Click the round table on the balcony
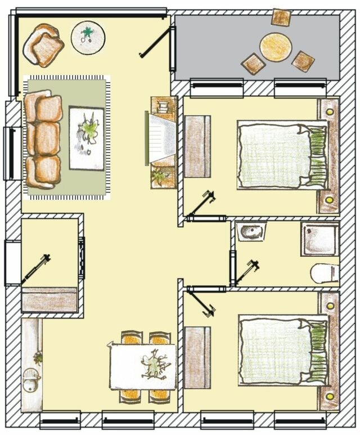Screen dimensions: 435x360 tap(276, 47)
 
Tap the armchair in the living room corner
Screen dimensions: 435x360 tap(43, 45)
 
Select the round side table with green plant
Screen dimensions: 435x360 tap(88, 37)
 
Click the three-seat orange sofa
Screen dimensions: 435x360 tap(43, 140)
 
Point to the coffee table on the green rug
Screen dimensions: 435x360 tap(87, 137)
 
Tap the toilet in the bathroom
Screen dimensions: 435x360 tap(325, 273)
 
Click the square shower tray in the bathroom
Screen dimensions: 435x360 tap(319, 238)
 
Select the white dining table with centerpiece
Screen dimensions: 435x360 tap(142, 366)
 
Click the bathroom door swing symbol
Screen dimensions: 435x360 tap(246, 272)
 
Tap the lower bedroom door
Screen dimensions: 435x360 tap(201, 301)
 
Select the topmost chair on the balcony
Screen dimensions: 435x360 tap(281, 17)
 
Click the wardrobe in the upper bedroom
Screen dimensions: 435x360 tap(197, 146)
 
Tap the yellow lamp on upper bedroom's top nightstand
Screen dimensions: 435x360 tap(328, 111)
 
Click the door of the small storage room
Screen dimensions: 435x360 tap(35, 270)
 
